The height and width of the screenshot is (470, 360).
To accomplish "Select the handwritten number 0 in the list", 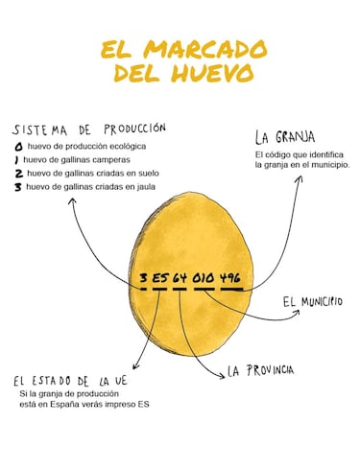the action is coord(17,146).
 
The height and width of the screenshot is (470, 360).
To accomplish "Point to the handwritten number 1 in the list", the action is coord(17,159).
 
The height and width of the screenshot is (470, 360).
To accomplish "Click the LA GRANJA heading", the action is coord(284,137).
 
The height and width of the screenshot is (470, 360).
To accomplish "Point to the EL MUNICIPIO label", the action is coord(312,301).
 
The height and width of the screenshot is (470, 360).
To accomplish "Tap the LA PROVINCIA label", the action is coord(260,370).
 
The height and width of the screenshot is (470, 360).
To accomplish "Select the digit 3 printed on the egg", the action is coord(143,279).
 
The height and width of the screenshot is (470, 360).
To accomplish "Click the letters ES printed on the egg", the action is coord(159,279).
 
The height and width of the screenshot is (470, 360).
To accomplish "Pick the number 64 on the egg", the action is coord(180,279).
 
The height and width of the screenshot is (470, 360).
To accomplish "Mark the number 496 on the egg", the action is coord(229,279).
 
